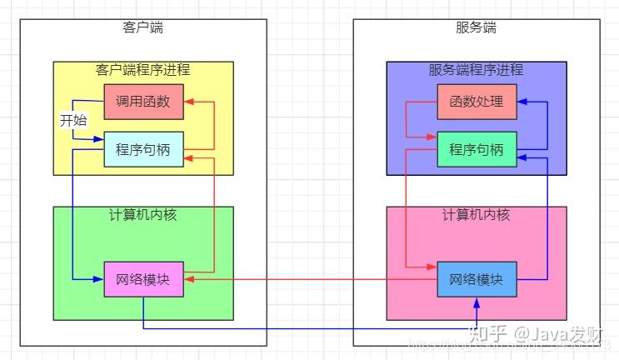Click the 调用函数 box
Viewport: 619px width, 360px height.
pos(143,102)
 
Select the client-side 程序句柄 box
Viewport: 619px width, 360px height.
pos(143,150)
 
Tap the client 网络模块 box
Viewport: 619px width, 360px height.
pos(143,280)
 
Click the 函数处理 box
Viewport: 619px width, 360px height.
pos(477,102)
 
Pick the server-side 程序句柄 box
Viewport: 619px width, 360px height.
pos(477,150)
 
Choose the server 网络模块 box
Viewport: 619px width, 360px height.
pos(477,280)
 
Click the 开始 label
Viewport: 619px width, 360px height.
pos(73,120)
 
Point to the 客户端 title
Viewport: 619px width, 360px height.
pos(143,27)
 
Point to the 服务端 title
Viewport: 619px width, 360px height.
pos(477,27)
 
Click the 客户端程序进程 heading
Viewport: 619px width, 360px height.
pos(143,70)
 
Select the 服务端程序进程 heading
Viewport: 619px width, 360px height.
pos(477,70)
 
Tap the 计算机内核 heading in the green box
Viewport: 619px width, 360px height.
pos(143,215)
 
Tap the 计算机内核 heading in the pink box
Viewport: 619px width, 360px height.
pos(477,215)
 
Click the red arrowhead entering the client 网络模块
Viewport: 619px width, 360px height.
pos(188,280)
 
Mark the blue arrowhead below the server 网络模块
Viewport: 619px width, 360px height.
pos(477,302)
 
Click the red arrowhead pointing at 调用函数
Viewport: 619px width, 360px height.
pos(188,102)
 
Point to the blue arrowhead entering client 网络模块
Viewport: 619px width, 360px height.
pos(99,280)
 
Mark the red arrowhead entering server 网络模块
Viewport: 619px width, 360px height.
pos(432,267)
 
